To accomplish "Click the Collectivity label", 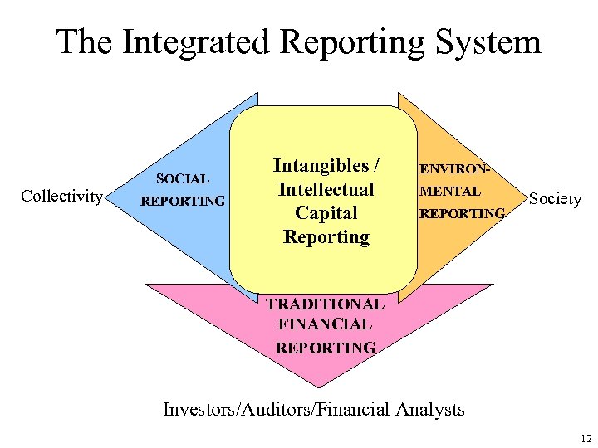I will tap(62, 197).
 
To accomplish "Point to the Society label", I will tap(555, 198).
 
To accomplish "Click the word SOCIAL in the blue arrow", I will tap(182, 178).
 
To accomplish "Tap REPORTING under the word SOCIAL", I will tap(183, 201).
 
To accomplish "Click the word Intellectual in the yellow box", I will tap(326, 189).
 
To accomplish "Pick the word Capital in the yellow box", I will tap(326, 212).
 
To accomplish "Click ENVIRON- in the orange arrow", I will tap(456, 168).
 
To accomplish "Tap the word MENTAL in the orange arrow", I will tap(452, 191).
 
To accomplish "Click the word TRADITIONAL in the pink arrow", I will tap(325, 304).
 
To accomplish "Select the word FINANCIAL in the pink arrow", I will tap(325, 325).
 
